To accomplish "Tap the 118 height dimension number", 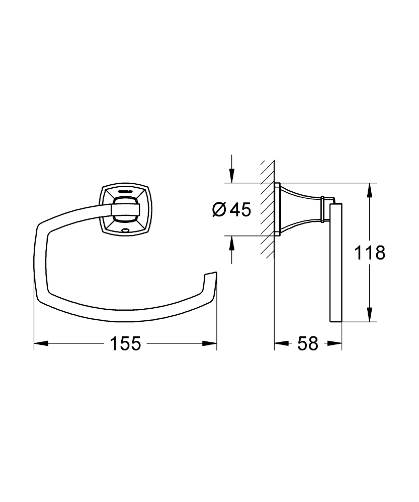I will coord(370,253).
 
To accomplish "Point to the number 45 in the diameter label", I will coord(240,209).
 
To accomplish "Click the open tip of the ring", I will coord(211,276).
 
